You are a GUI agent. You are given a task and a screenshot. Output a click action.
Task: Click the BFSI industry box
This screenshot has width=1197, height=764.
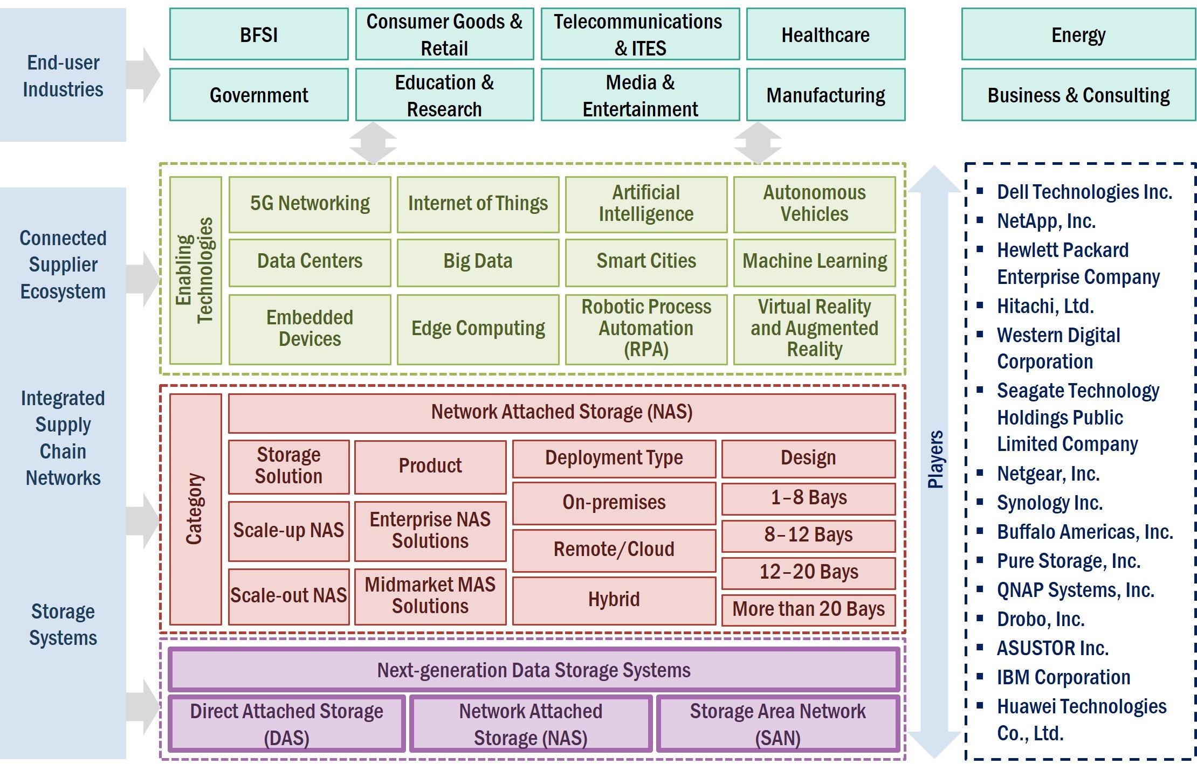[259, 34]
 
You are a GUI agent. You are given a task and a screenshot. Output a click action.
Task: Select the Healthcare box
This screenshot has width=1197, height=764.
[825, 34]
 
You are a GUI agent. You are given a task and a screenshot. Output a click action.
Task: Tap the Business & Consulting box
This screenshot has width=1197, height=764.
[1078, 95]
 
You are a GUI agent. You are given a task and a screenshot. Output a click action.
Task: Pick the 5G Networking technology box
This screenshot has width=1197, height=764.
[309, 204]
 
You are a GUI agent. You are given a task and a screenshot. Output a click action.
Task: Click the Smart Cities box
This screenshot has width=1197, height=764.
[646, 262]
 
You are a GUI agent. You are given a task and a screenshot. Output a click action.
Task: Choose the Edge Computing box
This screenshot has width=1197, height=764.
[478, 329]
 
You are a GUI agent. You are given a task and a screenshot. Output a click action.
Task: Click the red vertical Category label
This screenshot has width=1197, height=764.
[195, 509]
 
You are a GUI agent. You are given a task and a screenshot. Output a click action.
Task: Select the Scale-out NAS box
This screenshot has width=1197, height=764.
[288, 596]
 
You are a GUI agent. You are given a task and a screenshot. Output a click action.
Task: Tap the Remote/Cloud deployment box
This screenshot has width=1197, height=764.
[614, 550]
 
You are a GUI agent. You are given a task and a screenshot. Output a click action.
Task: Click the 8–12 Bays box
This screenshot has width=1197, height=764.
[808, 535]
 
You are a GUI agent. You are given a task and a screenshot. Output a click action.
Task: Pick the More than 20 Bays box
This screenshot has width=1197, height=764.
[808, 609]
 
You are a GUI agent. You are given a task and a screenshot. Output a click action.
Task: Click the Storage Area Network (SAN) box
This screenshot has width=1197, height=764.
[778, 724]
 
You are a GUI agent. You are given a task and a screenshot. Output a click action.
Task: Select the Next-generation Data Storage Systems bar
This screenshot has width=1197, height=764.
[534, 670]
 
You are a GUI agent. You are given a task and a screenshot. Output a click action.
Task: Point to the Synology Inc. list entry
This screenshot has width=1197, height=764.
[1049, 503]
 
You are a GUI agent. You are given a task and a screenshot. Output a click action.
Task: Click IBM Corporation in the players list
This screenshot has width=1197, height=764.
[1063, 677]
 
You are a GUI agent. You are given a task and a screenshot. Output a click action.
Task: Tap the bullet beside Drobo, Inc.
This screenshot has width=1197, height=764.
[980, 618]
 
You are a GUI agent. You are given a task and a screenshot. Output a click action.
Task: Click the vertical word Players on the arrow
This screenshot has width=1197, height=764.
[935, 459]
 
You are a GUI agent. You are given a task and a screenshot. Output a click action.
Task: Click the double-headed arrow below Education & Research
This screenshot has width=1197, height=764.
[373, 143]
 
